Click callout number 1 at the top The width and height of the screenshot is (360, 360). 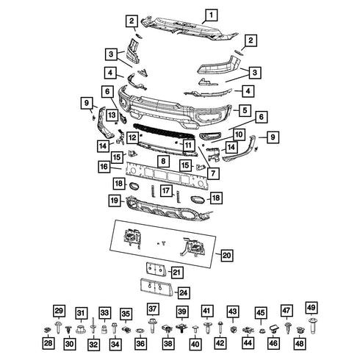click(210, 15)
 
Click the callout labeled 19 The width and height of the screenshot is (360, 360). click(115, 200)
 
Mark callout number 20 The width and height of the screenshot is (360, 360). click(226, 255)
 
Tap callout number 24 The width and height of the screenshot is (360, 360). click(183, 292)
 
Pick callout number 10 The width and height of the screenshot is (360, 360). click(240, 134)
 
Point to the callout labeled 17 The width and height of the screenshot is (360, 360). click(167, 190)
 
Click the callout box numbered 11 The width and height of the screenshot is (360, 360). click(188, 145)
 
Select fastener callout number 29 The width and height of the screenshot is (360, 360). click(60, 310)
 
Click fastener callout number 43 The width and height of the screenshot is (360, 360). click(232, 312)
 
